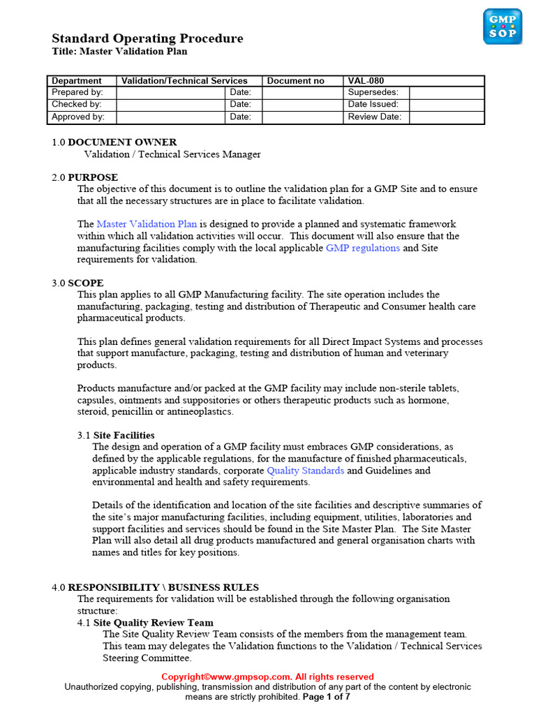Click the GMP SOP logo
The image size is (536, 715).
click(x=502, y=27)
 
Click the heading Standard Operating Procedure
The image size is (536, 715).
click(x=147, y=38)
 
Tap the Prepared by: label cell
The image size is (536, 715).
click(x=77, y=92)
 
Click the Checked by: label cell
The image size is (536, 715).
click(x=77, y=104)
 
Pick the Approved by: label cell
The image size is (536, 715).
click(x=78, y=117)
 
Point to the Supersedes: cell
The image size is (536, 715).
click(x=373, y=92)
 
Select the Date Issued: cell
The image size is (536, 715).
click(x=373, y=104)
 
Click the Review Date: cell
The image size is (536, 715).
click(x=375, y=117)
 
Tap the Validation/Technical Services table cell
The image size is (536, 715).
click(x=184, y=81)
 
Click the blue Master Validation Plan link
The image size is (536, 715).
click(x=147, y=224)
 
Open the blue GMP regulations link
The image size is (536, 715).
click(x=363, y=248)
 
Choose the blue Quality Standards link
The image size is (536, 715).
click(x=305, y=471)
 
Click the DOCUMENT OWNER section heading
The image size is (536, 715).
click(x=121, y=142)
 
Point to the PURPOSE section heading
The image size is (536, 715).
click(x=93, y=177)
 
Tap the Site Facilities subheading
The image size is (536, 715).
click(x=124, y=435)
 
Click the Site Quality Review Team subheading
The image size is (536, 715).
click(x=153, y=622)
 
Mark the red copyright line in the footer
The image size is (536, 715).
click(x=268, y=677)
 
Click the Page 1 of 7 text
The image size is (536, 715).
click(x=326, y=697)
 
